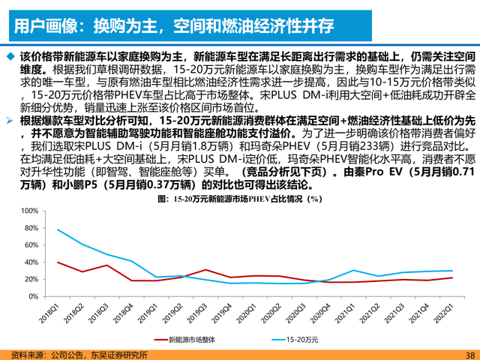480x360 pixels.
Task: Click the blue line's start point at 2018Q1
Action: pos(58,229)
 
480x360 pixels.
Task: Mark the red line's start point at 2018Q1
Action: pos(58,262)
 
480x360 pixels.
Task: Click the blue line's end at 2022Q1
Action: pos(451,271)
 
